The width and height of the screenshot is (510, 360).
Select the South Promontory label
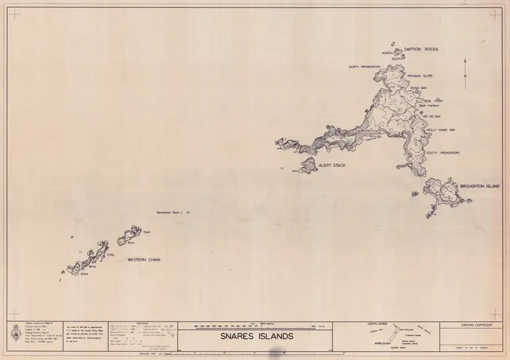(442, 152)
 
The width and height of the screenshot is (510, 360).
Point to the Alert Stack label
(331, 165)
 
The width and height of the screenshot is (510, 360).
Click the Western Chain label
(144, 259)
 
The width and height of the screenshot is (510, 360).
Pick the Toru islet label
(111, 255)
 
